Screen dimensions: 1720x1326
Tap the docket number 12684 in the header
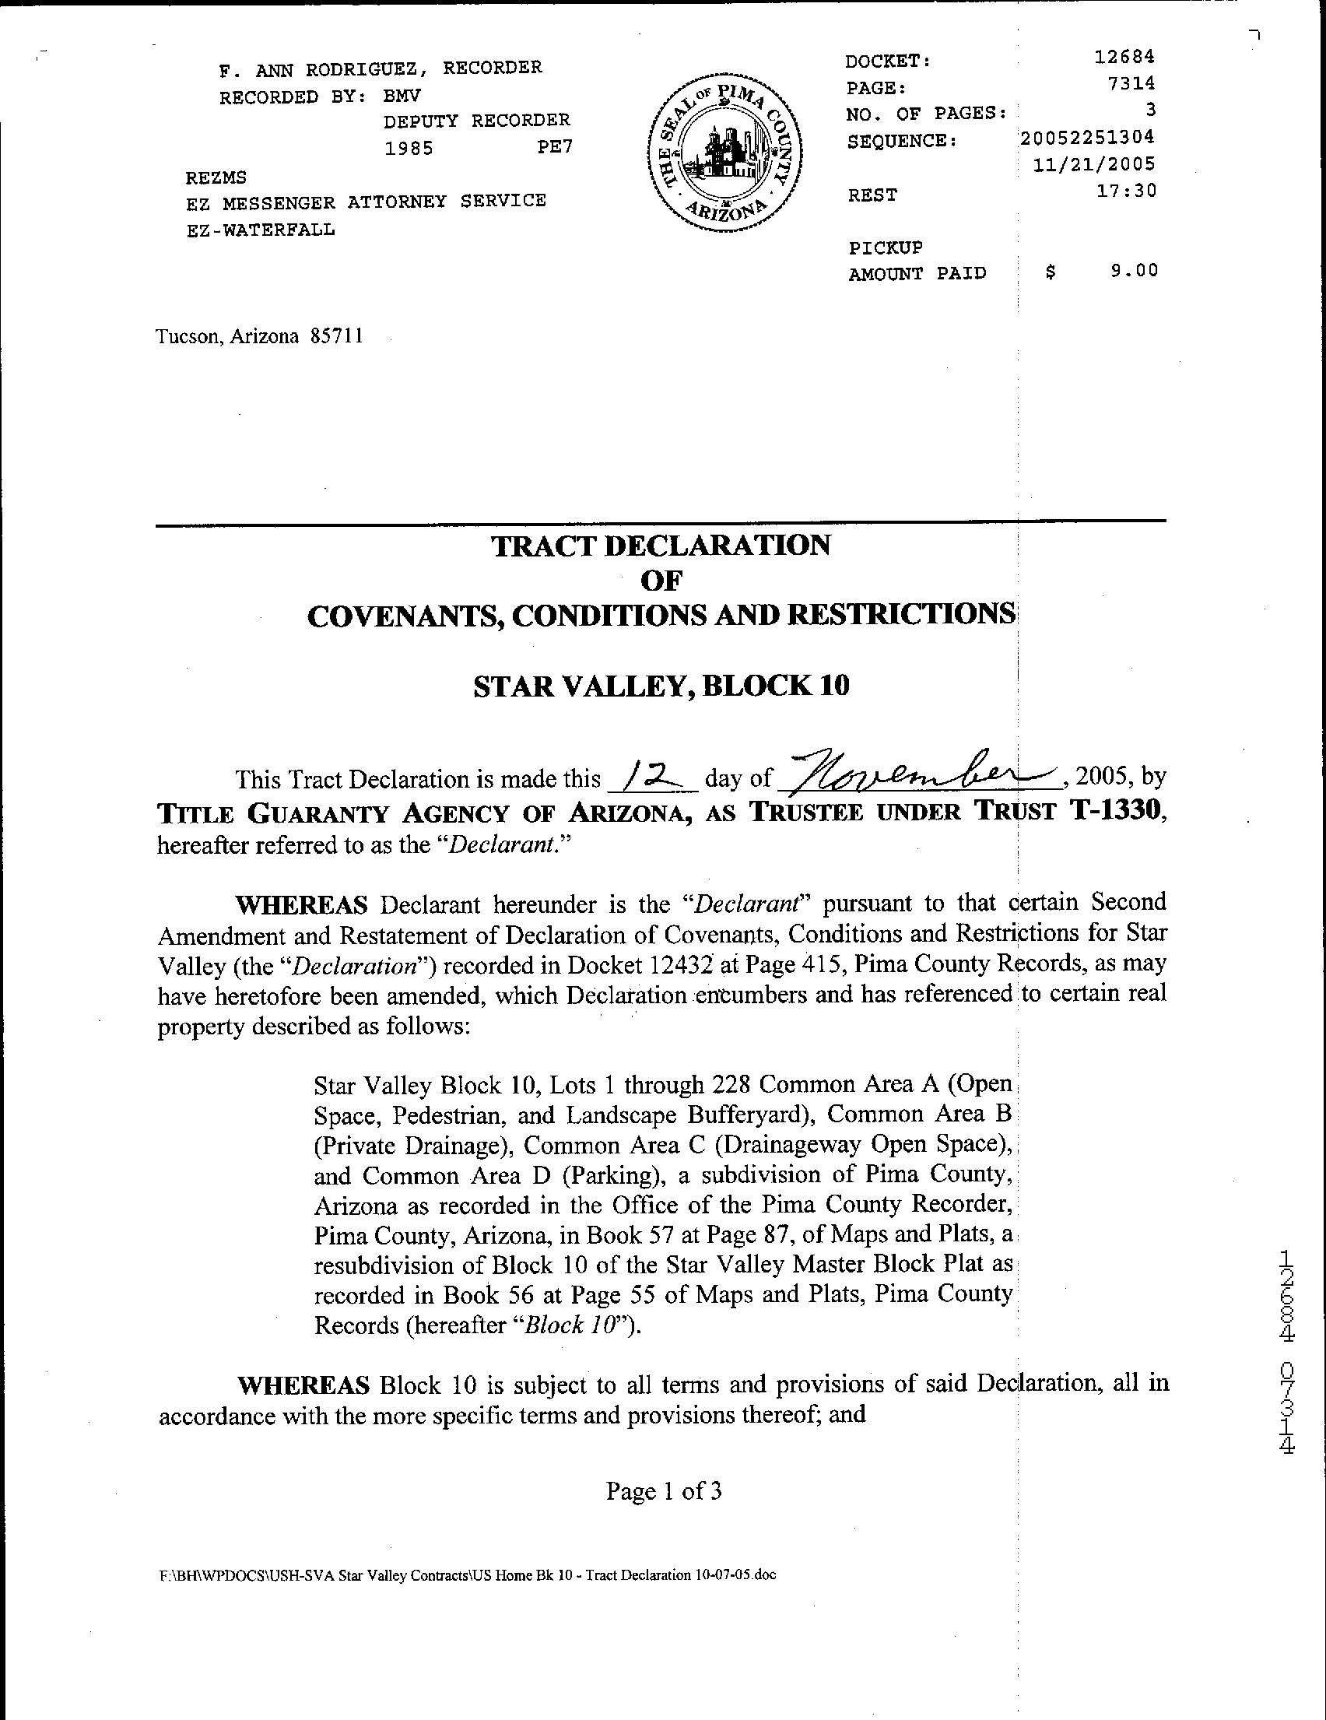coord(1124,57)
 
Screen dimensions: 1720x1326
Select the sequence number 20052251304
coord(1087,137)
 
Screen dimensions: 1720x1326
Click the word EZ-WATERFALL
coord(261,230)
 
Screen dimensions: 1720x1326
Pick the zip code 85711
coord(337,337)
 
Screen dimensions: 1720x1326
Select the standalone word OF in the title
coord(661,581)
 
